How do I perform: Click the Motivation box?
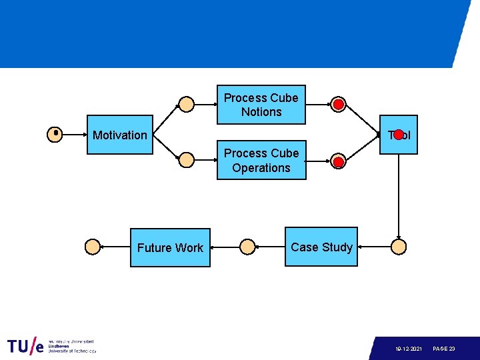click(120, 135)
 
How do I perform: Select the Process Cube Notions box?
click(261, 105)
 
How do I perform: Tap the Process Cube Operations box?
click(261, 161)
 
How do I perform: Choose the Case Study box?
click(321, 247)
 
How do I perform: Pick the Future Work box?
click(170, 248)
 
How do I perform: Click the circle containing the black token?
click(55, 135)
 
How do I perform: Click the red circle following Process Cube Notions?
click(339, 105)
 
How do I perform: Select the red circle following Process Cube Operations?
click(339, 162)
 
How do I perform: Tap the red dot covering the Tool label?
click(399, 135)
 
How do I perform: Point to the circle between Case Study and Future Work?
click(247, 247)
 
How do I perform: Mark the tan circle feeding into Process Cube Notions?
click(187, 105)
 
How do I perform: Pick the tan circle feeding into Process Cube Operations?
click(187, 160)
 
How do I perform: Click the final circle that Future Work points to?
click(93, 247)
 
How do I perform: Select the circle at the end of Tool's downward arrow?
click(399, 247)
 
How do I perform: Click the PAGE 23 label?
click(444, 349)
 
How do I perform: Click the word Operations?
click(261, 168)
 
